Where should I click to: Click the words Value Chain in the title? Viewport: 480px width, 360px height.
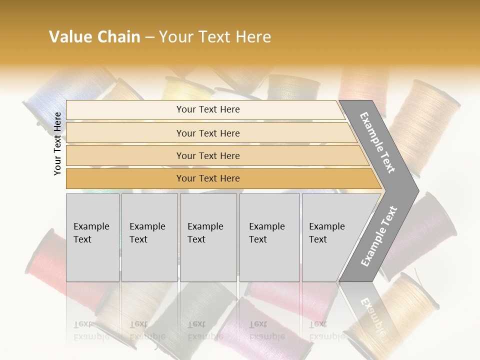click(x=94, y=37)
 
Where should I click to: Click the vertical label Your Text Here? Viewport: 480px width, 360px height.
click(x=57, y=143)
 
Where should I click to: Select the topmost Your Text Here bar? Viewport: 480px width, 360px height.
click(x=207, y=109)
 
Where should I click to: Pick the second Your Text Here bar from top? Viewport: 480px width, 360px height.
click(x=207, y=133)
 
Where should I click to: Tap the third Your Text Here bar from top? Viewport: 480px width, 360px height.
click(x=207, y=155)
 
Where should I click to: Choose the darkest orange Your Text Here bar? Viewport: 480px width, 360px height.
click(x=207, y=178)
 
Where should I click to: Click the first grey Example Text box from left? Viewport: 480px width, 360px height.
click(x=92, y=237)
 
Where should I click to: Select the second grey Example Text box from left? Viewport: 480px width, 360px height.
click(x=149, y=237)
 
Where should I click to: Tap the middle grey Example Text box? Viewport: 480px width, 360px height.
click(x=208, y=237)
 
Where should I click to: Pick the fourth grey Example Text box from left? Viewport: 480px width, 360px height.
click(x=269, y=237)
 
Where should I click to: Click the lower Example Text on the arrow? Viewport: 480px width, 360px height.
click(x=378, y=236)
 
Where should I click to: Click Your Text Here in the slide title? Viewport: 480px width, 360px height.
click(x=215, y=37)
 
